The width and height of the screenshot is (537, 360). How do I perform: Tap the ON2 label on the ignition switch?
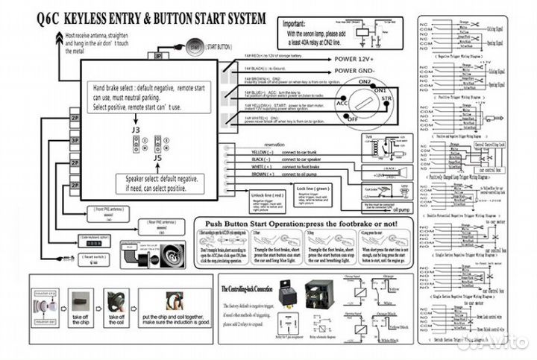364,82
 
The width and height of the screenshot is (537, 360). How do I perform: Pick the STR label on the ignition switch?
386,98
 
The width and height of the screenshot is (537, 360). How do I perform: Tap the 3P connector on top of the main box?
158,54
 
